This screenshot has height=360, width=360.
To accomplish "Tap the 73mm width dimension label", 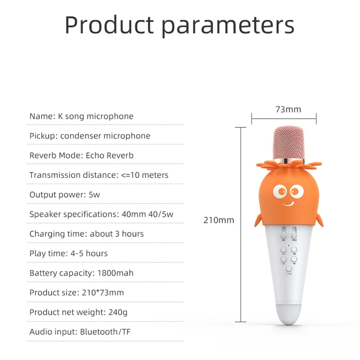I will click(288, 109).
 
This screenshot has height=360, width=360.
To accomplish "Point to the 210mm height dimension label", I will click(219, 220).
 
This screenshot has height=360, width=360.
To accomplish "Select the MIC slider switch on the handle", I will click(283, 234).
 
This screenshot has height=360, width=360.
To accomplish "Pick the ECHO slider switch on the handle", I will click(294, 234).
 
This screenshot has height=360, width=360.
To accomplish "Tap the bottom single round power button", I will click(288, 269).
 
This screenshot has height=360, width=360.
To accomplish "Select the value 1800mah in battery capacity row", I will click(114, 273).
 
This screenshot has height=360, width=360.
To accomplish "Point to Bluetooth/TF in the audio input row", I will click(106, 333).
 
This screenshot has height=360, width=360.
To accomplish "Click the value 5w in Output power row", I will click(94, 195).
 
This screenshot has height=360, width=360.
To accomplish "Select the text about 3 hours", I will click(117, 234).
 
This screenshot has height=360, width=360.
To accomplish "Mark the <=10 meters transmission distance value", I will click(145, 175).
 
